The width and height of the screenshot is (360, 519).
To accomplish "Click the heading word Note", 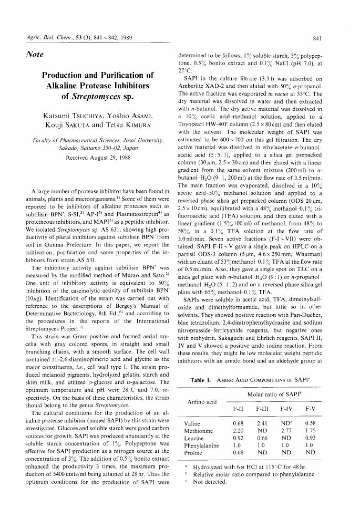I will pos(34,55).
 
